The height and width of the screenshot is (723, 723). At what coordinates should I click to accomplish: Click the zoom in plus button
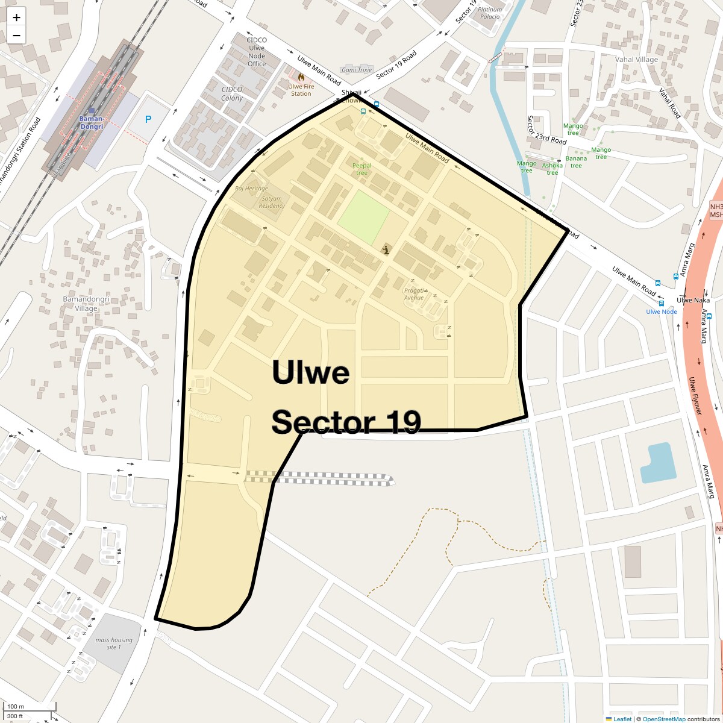coord(16,17)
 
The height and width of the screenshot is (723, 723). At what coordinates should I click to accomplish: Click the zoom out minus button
coord(16,35)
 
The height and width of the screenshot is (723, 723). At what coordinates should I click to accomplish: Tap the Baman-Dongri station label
coord(92,122)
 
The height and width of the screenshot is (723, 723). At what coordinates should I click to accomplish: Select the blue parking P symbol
coord(148,120)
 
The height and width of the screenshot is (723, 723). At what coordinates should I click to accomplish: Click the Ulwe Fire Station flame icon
coord(301,77)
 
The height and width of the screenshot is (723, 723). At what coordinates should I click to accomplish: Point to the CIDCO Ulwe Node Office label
coord(256,52)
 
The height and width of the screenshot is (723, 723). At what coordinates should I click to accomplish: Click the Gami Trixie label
coord(357,70)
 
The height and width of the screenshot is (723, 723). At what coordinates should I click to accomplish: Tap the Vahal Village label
coord(636,60)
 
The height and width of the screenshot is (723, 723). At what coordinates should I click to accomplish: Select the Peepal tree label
coord(361,169)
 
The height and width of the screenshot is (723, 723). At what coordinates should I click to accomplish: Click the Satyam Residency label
coord(272,202)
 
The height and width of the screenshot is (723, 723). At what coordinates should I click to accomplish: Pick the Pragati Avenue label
coord(414,293)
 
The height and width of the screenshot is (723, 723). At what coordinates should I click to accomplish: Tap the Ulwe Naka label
coord(693,300)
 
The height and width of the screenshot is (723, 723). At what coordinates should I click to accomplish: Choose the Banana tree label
coord(576,162)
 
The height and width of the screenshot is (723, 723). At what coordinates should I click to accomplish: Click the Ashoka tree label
coord(552,169)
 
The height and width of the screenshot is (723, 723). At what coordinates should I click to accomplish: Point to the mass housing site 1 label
coord(113,643)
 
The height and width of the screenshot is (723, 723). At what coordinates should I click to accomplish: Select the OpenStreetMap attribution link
coord(663,719)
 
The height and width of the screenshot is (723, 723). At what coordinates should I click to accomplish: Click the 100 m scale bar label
coord(16,707)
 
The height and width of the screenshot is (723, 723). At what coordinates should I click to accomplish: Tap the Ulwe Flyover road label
coord(695,396)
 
